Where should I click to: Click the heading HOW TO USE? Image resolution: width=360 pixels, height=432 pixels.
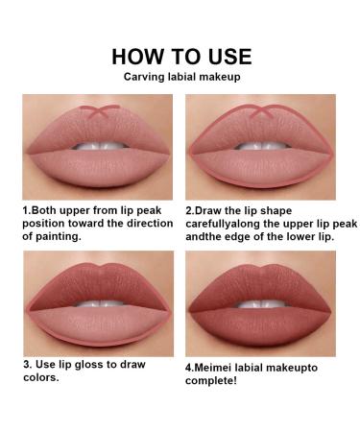[180, 55]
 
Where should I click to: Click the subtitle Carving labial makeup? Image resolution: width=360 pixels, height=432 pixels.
[180, 77]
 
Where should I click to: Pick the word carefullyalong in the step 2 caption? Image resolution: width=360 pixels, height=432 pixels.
[231, 222]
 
